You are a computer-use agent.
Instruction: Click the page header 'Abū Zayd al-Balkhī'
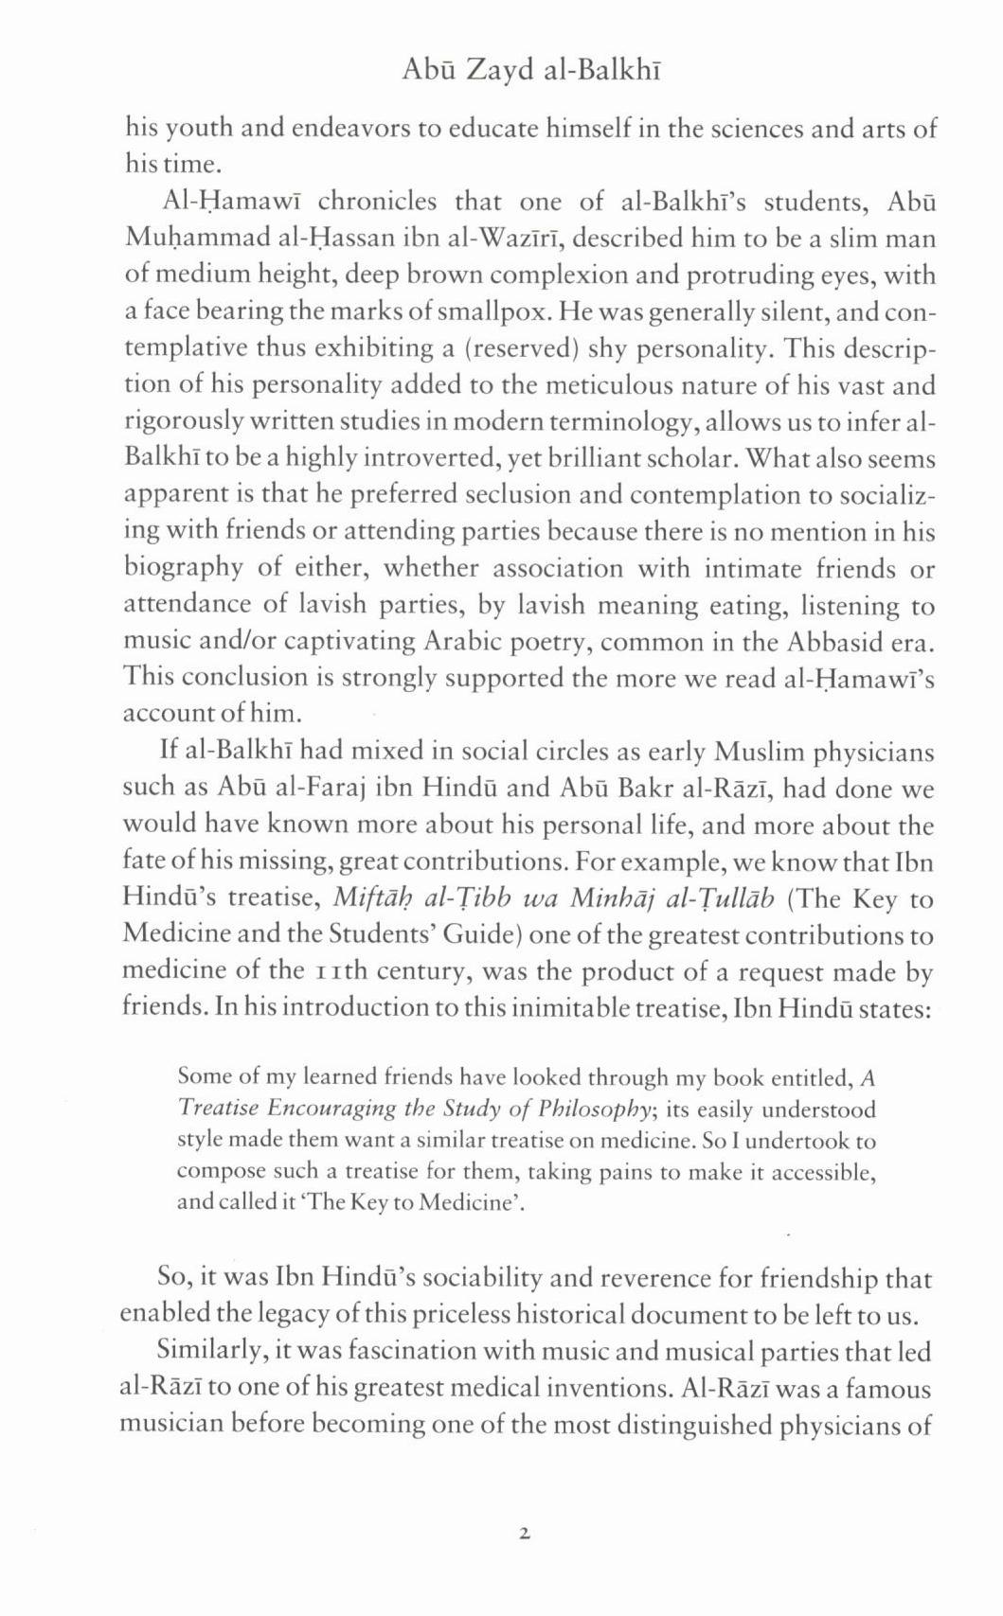[530, 71]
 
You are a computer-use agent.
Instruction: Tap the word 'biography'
[184, 569]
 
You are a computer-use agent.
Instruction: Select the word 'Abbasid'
[836, 642]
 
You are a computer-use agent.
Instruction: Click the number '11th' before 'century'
[339, 972]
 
